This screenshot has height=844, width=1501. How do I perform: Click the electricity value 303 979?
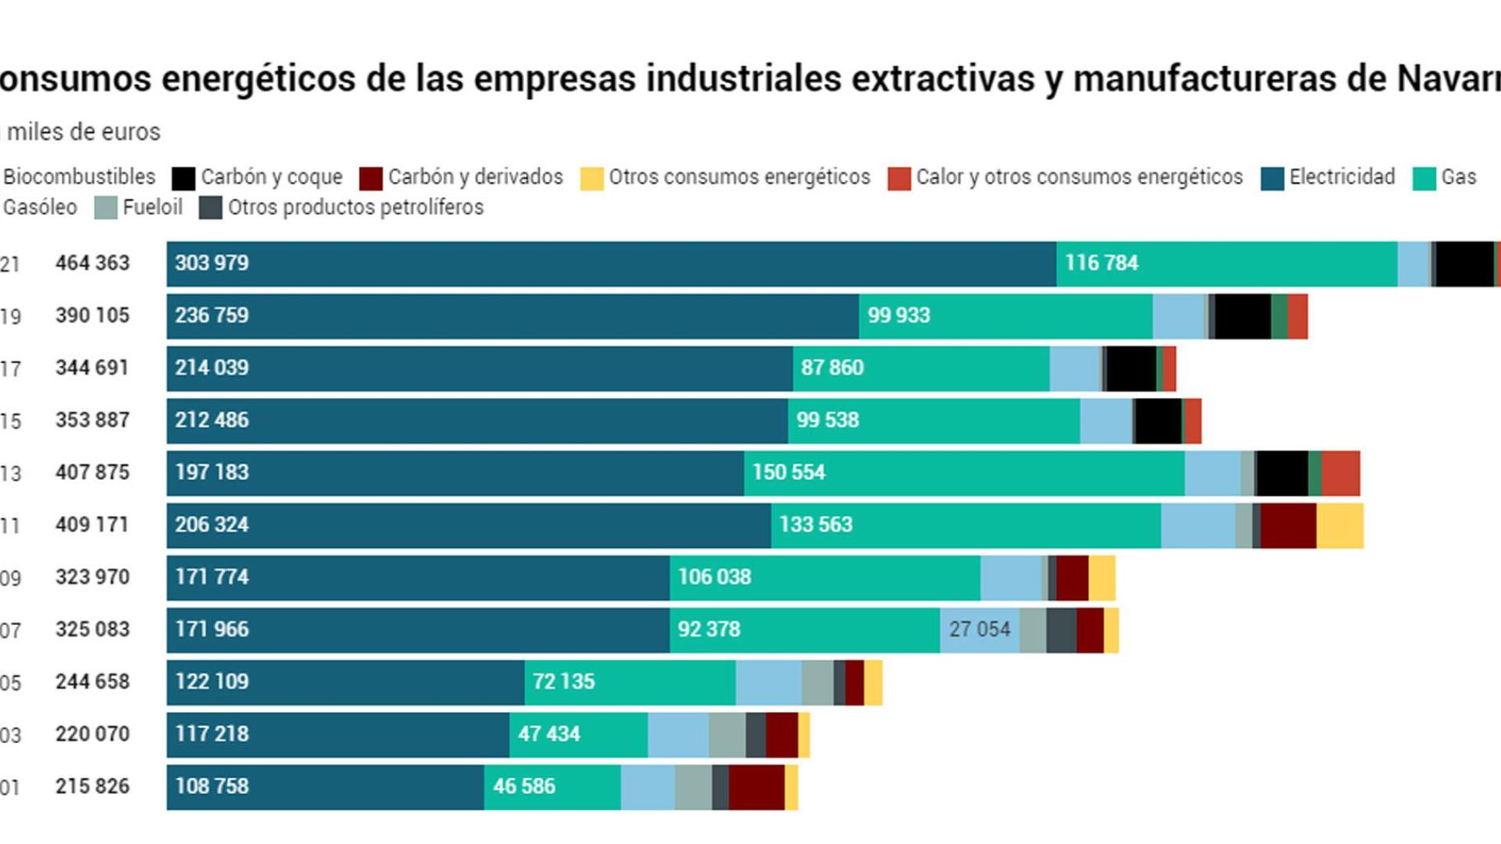click(x=212, y=263)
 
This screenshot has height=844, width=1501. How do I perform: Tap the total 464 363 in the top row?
click(x=92, y=263)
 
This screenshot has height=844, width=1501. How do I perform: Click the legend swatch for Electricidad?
click(x=1272, y=179)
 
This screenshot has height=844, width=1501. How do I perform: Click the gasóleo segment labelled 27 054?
click(x=980, y=630)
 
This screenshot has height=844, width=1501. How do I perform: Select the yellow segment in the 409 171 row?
click(x=1340, y=526)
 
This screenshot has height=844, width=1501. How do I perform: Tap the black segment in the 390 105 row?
click(x=1242, y=316)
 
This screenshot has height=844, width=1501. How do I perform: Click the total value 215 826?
click(x=92, y=787)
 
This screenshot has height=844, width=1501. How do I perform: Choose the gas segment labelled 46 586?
click(x=552, y=787)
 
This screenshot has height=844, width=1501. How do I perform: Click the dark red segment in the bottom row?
click(x=756, y=787)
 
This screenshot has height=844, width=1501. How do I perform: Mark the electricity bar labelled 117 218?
click(x=338, y=735)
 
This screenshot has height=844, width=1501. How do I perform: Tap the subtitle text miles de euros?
click(x=84, y=132)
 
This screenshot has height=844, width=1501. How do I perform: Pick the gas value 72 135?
click(x=564, y=682)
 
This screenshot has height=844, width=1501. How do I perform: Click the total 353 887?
click(x=92, y=420)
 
